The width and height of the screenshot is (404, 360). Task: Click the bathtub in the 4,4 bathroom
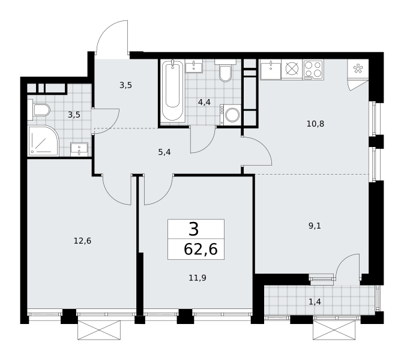tap(172, 91)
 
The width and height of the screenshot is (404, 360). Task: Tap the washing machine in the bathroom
tap(231, 115)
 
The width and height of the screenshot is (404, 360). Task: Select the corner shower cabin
tap(44, 141)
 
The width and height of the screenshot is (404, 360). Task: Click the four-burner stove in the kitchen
tap(313, 69)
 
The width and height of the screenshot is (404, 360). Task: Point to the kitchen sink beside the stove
tap(271, 69)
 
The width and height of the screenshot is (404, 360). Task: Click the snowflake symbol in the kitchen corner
tap(358, 68)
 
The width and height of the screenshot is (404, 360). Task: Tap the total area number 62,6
tap(200, 250)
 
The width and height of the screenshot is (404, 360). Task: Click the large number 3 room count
tap(194, 229)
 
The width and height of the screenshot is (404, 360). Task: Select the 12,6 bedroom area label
tap(82, 241)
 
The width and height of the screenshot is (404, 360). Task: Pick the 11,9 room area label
tap(197, 278)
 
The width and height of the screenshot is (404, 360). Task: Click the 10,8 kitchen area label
tap(315, 124)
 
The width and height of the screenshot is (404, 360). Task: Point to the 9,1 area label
tap(315, 226)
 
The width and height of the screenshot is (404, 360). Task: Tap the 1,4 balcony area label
tap(315, 302)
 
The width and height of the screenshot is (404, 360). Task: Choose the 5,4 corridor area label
tap(164, 152)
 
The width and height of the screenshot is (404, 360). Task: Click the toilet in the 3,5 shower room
tap(39, 110)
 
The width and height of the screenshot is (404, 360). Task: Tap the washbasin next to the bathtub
tap(194, 65)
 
